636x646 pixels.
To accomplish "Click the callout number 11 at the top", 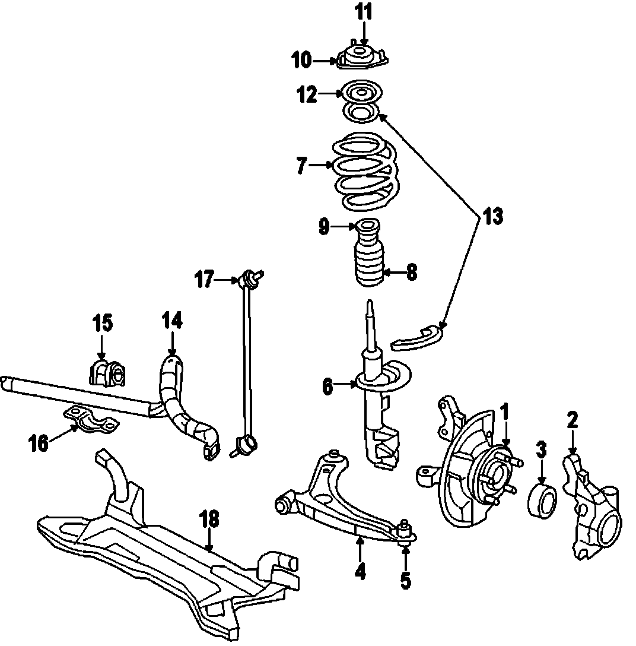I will click(x=364, y=12).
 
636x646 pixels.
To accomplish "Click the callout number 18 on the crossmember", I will click(x=209, y=520).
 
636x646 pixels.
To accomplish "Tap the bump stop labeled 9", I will click(x=368, y=227).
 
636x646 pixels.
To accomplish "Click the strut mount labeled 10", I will click(x=362, y=58).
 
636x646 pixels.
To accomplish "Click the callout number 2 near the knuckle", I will click(x=572, y=420).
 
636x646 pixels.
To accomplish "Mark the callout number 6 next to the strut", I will click(x=328, y=386).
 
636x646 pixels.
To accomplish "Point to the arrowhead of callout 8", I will click(x=384, y=273).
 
